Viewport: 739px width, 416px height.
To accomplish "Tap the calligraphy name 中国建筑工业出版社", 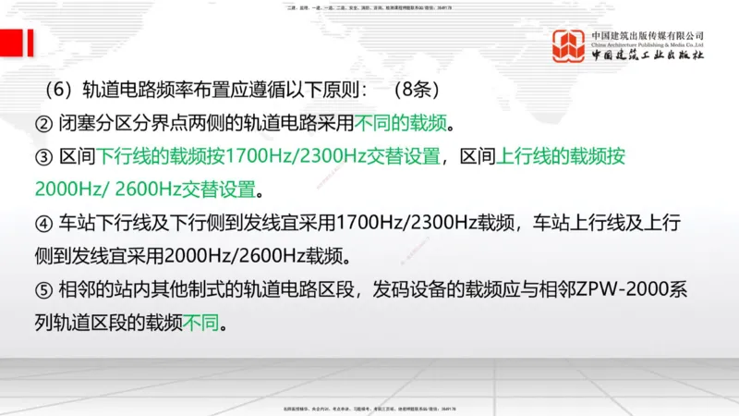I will (x=648, y=56).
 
